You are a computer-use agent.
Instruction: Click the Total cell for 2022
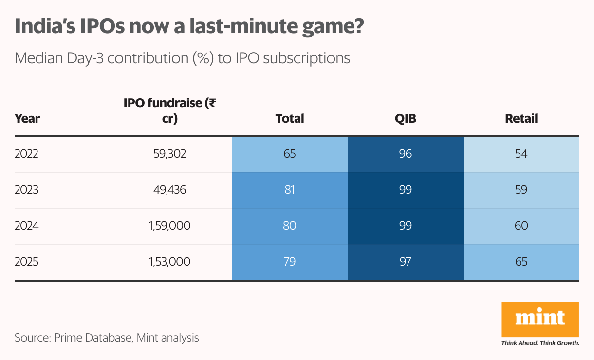[290, 154]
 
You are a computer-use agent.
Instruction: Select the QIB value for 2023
[405, 190]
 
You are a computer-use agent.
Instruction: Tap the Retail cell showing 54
[521, 154]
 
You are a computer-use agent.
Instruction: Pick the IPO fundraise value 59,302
[169, 154]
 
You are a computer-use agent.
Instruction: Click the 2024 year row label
[27, 226]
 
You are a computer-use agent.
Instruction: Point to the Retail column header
[521, 118]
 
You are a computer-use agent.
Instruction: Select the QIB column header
[405, 118]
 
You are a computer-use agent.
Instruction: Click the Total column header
[290, 118]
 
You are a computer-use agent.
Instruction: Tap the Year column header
[27, 118]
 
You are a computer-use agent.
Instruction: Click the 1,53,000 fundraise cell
[169, 262]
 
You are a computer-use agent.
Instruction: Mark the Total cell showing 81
[290, 190]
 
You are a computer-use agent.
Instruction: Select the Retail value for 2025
[521, 262]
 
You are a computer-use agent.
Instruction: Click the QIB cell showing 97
[405, 262]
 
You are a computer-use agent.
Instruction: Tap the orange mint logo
[540, 319]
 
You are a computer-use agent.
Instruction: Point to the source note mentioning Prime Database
[107, 338]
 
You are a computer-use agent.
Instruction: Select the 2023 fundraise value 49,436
[169, 190]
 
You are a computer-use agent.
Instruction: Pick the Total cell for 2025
[290, 262]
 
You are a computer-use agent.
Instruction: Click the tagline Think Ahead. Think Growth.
[540, 343]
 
